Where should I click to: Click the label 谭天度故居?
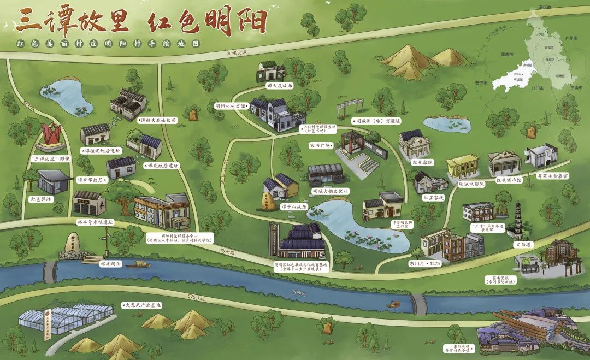click(x=279, y=86)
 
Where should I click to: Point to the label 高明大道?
click(x=238, y=53)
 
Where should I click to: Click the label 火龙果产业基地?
click(x=143, y=304)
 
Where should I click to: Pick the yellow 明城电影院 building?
click(x=462, y=166)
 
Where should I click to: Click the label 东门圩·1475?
click(x=424, y=263)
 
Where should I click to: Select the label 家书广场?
click(x=319, y=146)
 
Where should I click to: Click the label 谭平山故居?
click(x=293, y=207)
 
